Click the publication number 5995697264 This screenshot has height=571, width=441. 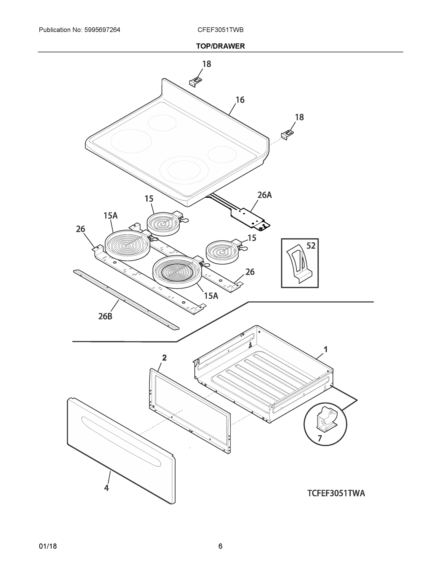(102, 30)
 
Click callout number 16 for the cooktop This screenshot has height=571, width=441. (240, 100)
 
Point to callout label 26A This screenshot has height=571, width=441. (264, 195)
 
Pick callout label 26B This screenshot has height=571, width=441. (105, 316)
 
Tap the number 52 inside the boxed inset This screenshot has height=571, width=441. (311, 246)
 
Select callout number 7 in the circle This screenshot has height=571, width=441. (320, 438)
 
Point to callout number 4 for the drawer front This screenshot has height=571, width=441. (106, 488)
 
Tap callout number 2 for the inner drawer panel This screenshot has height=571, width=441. (164, 358)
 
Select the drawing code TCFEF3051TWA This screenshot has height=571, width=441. (336, 493)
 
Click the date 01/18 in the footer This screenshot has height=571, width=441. (48, 546)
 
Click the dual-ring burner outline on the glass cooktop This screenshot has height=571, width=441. (184, 170)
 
